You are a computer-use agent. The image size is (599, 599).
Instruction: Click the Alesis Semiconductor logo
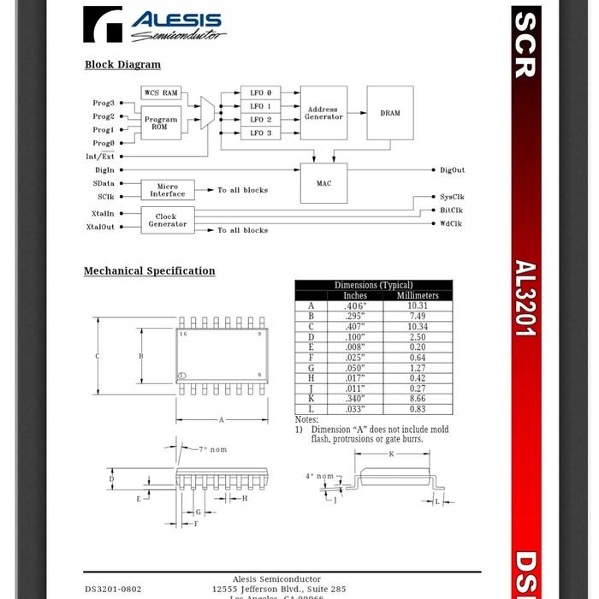[154, 25]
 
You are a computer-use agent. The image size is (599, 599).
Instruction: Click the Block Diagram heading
[122, 64]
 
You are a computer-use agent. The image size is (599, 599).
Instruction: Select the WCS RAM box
[161, 92]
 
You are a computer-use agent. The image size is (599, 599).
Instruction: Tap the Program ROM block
[160, 123]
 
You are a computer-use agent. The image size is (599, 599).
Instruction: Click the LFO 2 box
[260, 120]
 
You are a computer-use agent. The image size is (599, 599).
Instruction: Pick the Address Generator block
[323, 113]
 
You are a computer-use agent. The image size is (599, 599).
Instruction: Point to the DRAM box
[389, 113]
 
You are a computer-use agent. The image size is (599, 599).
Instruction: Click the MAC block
[323, 183]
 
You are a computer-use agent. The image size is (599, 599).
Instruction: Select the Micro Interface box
[167, 190]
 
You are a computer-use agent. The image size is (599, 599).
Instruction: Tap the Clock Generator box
[167, 221]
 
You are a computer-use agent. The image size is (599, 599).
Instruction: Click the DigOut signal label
[453, 170]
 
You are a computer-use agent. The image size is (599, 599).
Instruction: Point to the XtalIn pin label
[102, 214]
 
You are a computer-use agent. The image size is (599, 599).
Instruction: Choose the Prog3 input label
[103, 103]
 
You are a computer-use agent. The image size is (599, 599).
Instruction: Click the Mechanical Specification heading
[149, 271]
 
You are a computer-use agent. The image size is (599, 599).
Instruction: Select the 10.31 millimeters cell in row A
[417, 305]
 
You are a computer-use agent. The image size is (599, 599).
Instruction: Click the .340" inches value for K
[354, 399]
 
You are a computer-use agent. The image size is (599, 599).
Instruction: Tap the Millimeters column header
[417, 295]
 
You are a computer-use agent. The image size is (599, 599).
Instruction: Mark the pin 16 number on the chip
[183, 334]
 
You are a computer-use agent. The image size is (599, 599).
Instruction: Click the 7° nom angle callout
[213, 449]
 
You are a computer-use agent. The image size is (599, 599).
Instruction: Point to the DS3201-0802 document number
[113, 589]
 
